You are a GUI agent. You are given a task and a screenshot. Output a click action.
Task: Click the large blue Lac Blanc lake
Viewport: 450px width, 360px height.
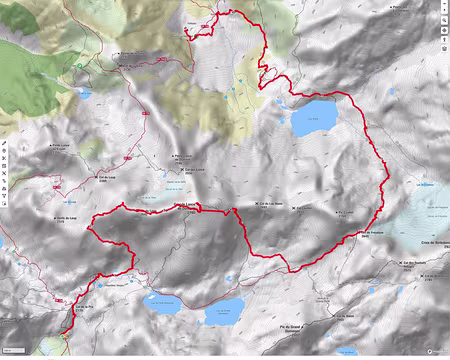coord(313,117)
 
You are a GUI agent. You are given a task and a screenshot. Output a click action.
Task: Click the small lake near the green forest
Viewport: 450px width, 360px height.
coord(84,94)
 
